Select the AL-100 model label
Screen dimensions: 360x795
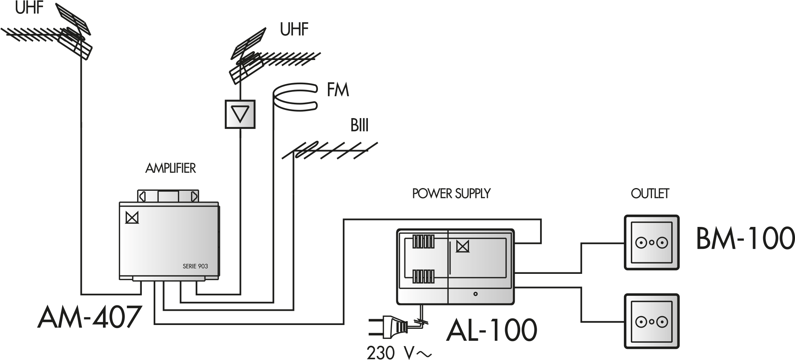click(x=491, y=330)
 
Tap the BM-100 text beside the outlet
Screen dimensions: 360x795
click(x=745, y=239)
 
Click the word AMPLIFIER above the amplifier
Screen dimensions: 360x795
click(x=170, y=168)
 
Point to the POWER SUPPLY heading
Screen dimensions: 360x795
click(x=451, y=193)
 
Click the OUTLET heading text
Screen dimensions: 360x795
click(x=650, y=193)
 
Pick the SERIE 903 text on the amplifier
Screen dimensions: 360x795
click(x=195, y=266)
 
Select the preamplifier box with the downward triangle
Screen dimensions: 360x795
click(x=240, y=114)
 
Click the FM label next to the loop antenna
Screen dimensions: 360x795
click(x=338, y=90)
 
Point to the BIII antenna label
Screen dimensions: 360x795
click(x=359, y=126)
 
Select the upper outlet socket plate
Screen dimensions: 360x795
click(x=652, y=242)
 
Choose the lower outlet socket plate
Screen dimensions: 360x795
click(x=652, y=321)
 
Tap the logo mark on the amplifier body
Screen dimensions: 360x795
click(x=132, y=217)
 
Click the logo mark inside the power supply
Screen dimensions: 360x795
click(x=462, y=246)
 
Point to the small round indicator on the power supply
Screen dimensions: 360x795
click(x=476, y=294)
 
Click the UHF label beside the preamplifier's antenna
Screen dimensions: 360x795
click(x=294, y=29)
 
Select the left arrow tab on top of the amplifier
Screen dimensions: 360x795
click(x=142, y=197)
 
